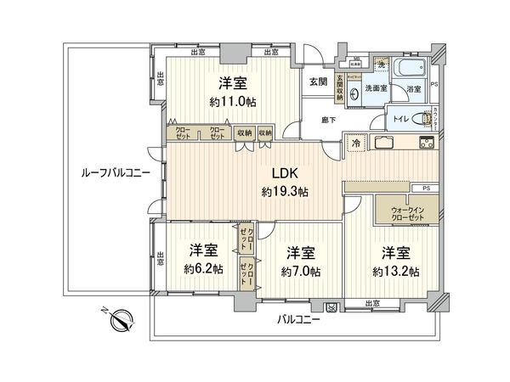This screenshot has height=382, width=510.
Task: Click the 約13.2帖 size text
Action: pos(398,272)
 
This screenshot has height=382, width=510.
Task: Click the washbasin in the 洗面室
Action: pos(353,95)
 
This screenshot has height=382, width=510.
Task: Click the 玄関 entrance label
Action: pos(318,82)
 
